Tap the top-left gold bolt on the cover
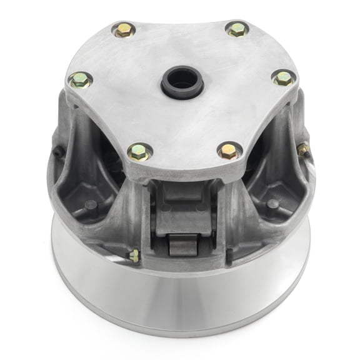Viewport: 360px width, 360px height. pyautogui.click(x=122, y=29)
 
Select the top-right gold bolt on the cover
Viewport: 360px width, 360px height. pyautogui.click(x=237, y=29)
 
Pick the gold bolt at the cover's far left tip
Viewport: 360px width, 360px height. pyautogui.click(x=79, y=79)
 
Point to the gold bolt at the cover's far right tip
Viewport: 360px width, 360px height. pyautogui.click(x=282, y=78)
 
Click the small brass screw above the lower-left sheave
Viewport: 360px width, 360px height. pyautogui.click(x=133, y=255)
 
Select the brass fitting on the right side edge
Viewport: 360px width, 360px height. pyautogui.click(x=304, y=149)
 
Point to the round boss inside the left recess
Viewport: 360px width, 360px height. pyautogui.click(x=91, y=204)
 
